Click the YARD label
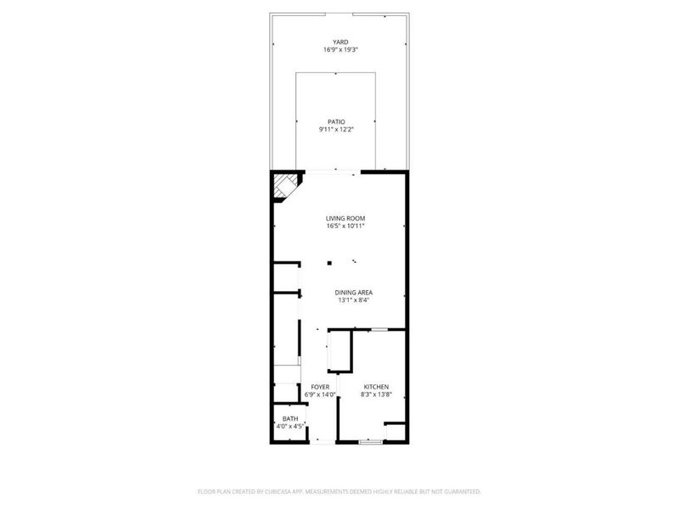340,42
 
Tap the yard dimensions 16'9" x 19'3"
340,50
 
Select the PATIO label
337,121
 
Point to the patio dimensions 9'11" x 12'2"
337,130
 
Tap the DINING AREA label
355,293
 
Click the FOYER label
320,387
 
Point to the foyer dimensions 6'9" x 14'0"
320,395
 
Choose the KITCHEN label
375,387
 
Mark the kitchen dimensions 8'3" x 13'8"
375,395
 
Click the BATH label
290,418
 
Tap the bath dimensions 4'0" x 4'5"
290,427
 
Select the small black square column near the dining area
328,262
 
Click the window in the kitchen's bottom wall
371,441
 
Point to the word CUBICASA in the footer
275,491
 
